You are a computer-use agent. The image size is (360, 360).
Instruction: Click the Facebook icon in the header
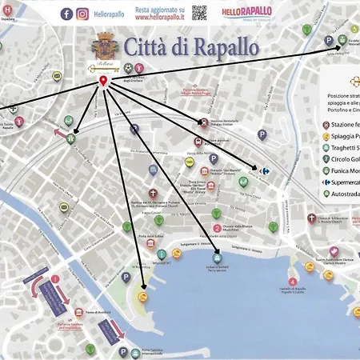[x=66, y=14]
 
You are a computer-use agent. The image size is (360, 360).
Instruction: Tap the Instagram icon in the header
[x=82, y=14]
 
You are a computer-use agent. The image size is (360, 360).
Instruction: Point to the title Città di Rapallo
[x=190, y=47]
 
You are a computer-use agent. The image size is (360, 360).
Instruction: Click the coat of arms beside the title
[x=103, y=44]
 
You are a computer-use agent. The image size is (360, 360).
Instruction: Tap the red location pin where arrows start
[x=102, y=82]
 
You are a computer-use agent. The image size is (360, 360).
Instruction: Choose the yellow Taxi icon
[x=190, y=162]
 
